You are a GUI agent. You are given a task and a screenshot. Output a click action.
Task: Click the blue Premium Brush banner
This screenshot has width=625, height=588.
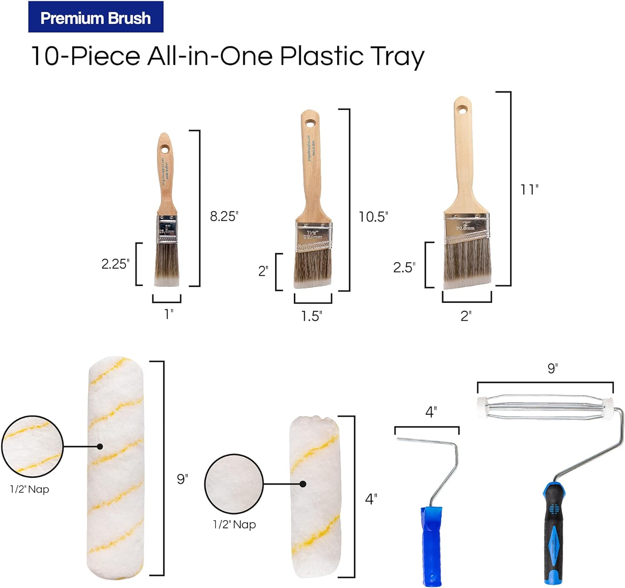[95, 17]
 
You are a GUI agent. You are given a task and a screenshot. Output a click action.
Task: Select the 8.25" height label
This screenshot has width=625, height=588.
[224, 216]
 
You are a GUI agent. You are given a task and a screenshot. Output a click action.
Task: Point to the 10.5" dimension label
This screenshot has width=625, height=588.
[373, 217]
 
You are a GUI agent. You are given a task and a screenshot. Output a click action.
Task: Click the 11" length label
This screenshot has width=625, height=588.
[529, 190]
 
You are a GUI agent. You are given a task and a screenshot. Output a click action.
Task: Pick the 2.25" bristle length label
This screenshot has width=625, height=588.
[115, 264]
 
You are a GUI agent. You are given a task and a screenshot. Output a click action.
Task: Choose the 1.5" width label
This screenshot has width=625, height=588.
[312, 316]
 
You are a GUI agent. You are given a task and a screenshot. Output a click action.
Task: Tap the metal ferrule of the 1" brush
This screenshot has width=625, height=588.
[167, 229]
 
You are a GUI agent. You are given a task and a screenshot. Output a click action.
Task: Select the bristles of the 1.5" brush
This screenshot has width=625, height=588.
[312, 269]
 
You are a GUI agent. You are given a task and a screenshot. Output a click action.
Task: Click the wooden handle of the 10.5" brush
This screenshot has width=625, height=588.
[311, 167]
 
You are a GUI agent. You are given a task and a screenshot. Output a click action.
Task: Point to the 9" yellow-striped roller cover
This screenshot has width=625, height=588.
[116, 467]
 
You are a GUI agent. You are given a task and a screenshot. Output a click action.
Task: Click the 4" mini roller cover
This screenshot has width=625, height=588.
[315, 496]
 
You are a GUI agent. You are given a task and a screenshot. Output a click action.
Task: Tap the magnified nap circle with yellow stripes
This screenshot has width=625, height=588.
[32, 446]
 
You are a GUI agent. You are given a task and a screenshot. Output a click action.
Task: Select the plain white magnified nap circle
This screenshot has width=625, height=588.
[234, 483]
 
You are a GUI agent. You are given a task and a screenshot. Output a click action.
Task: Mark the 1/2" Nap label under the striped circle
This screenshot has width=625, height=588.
[30, 489]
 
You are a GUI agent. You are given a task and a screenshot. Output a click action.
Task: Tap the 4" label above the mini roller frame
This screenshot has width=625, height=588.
[431, 412]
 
